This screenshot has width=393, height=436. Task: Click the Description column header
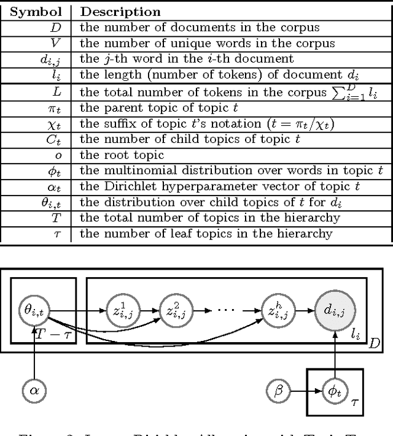click(121, 12)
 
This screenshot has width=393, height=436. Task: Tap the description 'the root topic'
click(122, 155)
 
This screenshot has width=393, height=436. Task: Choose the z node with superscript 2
click(173, 310)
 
